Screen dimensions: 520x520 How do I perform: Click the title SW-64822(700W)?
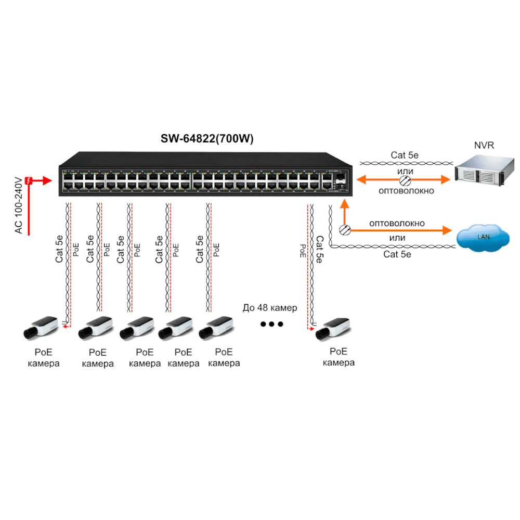pyautogui.click(x=207, y=138)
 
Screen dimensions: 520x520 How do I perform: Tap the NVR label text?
pyautogui.click(x=483, y=146)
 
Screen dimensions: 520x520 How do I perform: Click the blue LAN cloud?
pyautogui.click(x=483, y=237)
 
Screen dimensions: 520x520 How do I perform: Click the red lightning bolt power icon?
pyautogui.click(x=30, y=180)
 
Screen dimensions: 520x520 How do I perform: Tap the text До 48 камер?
pyautogui.click(x=270, y=308)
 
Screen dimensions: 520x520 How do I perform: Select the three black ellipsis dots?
pyautogui.click(x=271, y=324)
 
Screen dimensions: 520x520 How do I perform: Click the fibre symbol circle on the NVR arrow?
pyautogui.click(x=405, y=180)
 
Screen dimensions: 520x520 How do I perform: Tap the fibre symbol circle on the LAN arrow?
pyautogui.click(x=344, y=229)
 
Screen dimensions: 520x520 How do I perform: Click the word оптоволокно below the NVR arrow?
pyautogui.click(x=407, y=191)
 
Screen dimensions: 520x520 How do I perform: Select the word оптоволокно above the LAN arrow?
pyautogui.click(x=397, y=223)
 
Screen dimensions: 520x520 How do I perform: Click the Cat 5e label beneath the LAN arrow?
pyautogui.click(x=397, y=254)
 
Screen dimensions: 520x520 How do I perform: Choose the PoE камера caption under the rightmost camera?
pyautogui.click(x=339, y=357)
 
